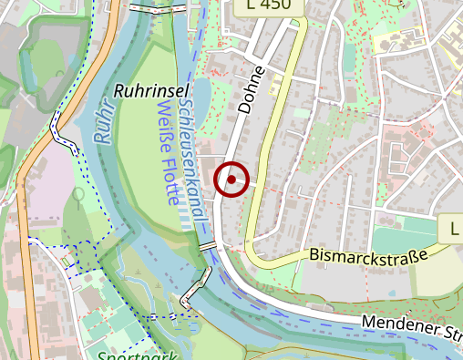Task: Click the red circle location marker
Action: click(232, 180)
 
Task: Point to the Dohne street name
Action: click(250, 89)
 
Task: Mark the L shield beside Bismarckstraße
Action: click(450, 228)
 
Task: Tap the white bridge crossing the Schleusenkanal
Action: click(208, 246)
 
